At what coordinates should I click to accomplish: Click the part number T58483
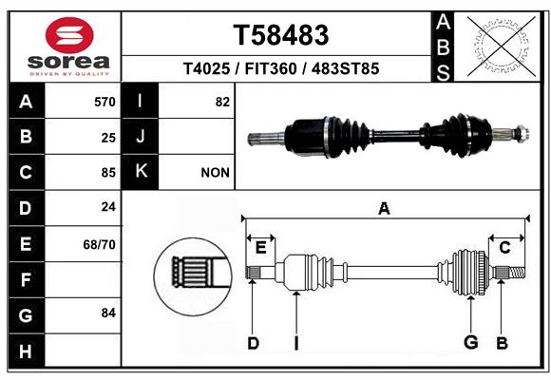[281, 35]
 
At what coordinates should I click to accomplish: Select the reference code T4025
[206, 68]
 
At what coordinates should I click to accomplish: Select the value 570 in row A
[104, 102]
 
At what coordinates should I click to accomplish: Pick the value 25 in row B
[108, 137]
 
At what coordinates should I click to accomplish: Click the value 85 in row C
[108, 173]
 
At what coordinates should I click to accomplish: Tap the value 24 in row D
[108, 208]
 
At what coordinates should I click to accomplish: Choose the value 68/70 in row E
[100, 244]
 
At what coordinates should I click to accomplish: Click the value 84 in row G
[108, 313]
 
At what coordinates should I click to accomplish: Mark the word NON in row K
[216, 173]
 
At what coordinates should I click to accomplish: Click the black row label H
[26, 351]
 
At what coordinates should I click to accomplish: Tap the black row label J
[141, 137]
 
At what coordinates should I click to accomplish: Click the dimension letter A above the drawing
[384, 208]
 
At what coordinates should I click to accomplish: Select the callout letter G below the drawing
[470, 342]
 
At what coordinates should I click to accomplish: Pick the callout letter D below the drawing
[253, 342]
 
